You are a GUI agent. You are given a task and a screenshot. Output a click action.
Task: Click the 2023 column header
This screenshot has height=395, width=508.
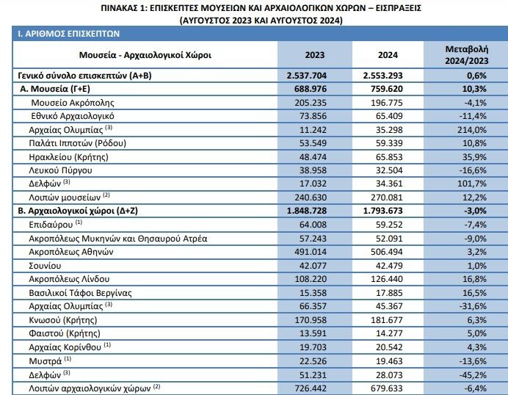[x=314, y=55]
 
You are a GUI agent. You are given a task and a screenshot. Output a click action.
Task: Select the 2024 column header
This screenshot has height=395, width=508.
[x=388, y=55]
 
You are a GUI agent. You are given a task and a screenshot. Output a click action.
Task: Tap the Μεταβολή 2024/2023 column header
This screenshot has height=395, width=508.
[x=467, y=55]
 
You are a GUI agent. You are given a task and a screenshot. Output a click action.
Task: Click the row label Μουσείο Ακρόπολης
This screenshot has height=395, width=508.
[x=73, y=103]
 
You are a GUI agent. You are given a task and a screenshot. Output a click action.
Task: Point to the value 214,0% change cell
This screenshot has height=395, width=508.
[x=472, y=130]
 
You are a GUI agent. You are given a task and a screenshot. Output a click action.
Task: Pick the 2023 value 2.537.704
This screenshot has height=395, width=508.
[x=306, y=76]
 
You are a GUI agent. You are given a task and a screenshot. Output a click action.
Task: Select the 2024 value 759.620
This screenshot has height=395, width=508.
[x=387, y=89]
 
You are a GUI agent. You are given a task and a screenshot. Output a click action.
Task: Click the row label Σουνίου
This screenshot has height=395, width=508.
[x=45, y=266]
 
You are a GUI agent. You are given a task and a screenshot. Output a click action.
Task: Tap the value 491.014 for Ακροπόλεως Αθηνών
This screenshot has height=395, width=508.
[x=311, y=252]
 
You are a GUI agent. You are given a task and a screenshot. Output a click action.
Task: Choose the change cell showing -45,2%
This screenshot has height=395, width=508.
[x=473, y=375]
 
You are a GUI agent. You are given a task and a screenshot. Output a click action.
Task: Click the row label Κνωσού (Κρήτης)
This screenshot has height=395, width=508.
[x=63, y=320]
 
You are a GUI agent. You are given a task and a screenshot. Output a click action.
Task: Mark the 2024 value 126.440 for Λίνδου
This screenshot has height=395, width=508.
[x=387, y=279]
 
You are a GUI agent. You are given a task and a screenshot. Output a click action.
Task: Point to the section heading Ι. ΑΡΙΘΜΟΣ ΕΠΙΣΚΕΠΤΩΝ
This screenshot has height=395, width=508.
[x=69, y=34]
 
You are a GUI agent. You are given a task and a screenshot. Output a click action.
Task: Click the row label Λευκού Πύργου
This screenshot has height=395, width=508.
[x=60, y=170]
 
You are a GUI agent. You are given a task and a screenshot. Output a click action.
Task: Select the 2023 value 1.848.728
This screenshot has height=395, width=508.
[x=306, y=211]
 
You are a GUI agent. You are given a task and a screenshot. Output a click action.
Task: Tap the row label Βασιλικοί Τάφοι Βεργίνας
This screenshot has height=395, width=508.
[x=80, y=293]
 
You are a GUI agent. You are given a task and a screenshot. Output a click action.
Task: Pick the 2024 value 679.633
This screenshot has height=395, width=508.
[x=387, y=388]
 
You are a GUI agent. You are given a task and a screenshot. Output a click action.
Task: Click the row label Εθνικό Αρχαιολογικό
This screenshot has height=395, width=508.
[x=73, y=116]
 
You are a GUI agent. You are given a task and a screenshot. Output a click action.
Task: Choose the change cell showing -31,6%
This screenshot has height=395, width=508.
[x=473, y=306]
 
